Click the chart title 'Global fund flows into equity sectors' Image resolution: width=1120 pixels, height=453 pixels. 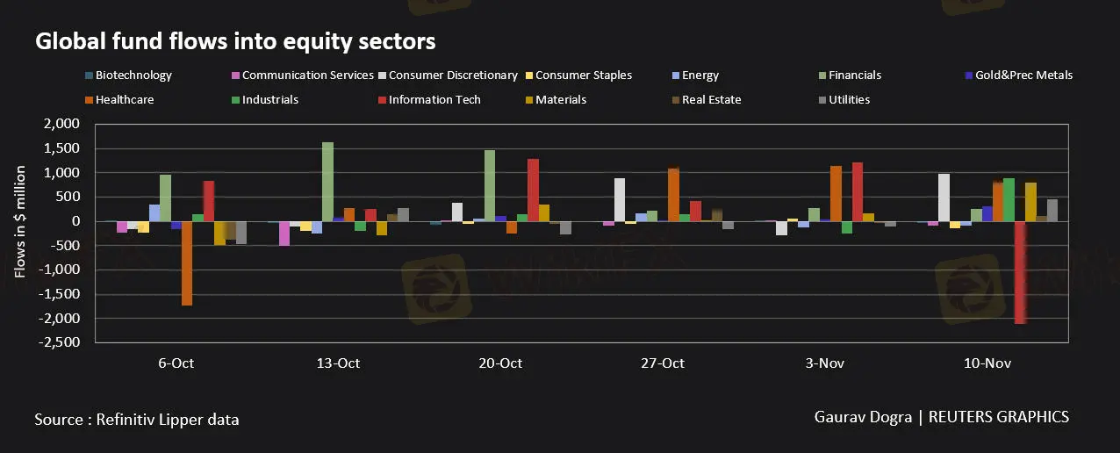click(235, 41)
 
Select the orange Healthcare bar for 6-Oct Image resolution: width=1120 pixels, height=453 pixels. click(187, 262)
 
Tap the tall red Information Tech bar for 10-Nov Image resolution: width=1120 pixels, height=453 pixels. click(1020, 272)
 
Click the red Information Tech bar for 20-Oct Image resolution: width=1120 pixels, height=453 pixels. click(533, 190)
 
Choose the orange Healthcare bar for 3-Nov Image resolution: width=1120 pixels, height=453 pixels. click(836, 193)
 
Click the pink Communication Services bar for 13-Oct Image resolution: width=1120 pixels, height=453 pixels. click(284, 233)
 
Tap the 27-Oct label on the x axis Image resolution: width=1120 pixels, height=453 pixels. click(663, 363)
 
